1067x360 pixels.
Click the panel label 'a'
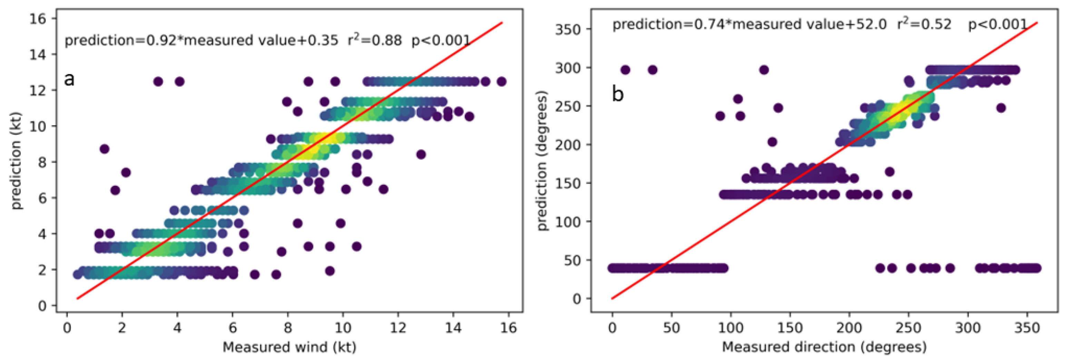pyautogui.click(x=69, y=79)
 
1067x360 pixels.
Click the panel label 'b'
pyautogui.click(x=618, y=94)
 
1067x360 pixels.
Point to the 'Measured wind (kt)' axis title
pyautogui.click(x=289, y=347)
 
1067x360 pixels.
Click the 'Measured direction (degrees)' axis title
pyautogui.click(x=824, y=347)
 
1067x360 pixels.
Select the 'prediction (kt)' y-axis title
pyautogui.click(x=16, y=161)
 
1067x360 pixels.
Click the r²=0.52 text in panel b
pyautogui.click(x=924, y=24)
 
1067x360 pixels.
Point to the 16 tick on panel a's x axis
pyautogui.click(x=508, y=328)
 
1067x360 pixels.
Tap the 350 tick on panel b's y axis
pyautogui.click(x=568, y=29)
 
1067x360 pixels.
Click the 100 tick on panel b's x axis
pyautogui.click(x=730, y=328)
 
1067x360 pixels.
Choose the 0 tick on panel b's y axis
pyautogui.click(x=577, y=299)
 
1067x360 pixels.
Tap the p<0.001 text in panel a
pyautogui.click(x=441, y=41)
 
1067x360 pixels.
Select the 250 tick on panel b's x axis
pyautogui.click(x=908, y=328)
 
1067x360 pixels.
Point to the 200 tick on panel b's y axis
pyautogui.click(x=568, y=145)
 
